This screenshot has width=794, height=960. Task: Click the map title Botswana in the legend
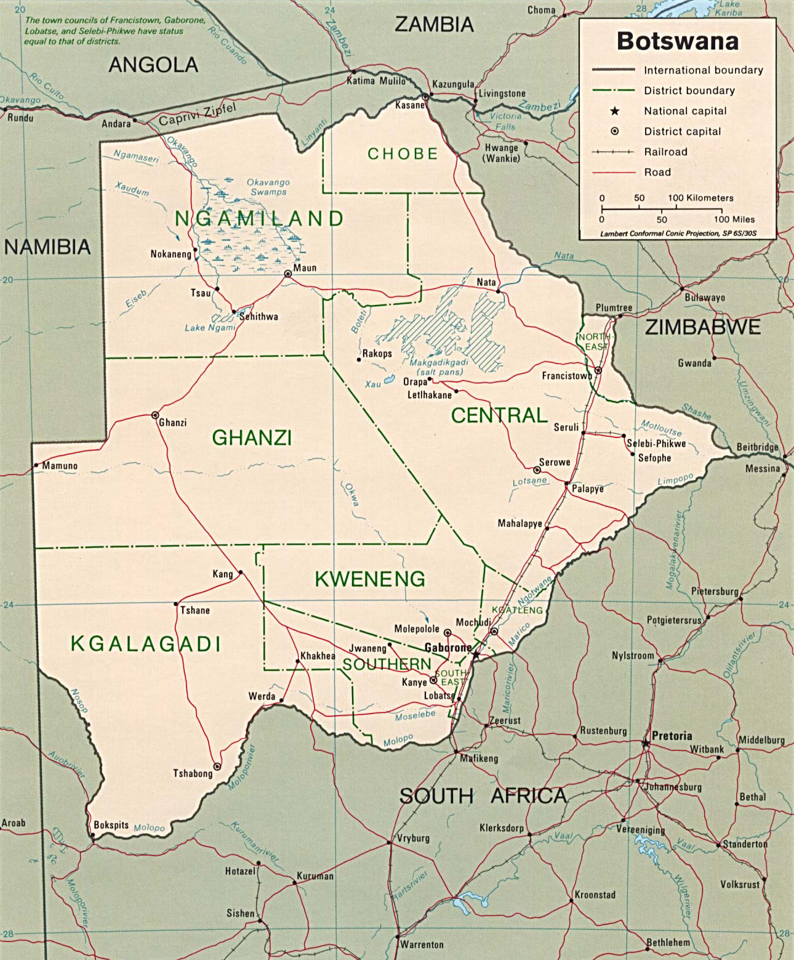[677, 41]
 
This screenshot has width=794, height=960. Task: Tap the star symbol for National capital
[614, 112]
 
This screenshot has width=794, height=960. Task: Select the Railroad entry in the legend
[665, 152]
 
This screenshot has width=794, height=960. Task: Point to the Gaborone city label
[447, 648]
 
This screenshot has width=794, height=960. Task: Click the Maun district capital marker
[287, 274]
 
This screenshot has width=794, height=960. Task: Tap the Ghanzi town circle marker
[155, 415]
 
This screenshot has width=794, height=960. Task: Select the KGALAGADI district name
[146, 644]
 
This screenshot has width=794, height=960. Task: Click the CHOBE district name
[403, 154]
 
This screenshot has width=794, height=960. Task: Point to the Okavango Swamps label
[268, 187]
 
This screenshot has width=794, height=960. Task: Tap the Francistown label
[566, 376]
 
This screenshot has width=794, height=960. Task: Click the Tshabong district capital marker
[217, 767]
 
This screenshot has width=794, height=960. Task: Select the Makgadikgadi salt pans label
[439, 367]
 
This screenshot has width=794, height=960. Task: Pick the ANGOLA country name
[153, 65]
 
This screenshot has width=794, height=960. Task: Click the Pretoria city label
[672, 736]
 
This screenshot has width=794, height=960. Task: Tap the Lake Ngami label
[210, 328]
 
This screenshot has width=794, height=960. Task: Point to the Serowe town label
[555, 462]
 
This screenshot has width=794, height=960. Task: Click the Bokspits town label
[111, 825]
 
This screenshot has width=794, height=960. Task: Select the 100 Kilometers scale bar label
[700, 198]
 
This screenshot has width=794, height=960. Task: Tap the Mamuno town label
[60, 466]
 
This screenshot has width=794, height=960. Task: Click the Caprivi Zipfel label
[197, 115]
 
